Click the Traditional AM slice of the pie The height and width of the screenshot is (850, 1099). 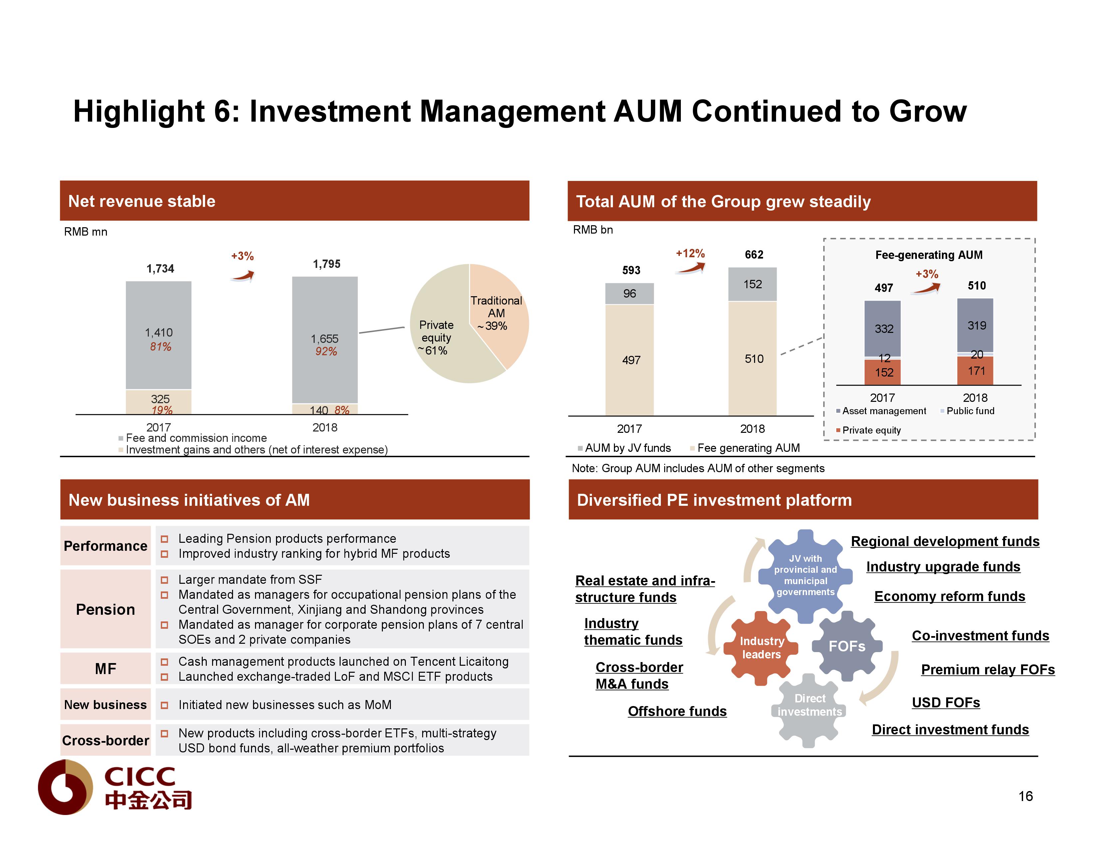tap(498, 312)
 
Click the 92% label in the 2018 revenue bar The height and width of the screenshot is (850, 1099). tap(326, 352)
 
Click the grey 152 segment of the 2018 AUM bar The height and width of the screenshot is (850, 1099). tap(752, 285)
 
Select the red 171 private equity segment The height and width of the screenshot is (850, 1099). tap(976, 371)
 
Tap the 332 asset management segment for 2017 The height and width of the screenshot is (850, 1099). tap(883, 329)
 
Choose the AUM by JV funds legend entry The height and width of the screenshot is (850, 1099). tap(627, 448)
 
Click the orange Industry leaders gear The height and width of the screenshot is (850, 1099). tap(761, 648)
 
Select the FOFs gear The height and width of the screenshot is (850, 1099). tap(847, 646)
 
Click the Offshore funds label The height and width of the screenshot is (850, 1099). tap(677, 711)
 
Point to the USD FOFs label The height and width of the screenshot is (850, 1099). tap(946, 703)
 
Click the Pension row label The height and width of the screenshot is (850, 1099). tap(105, 610)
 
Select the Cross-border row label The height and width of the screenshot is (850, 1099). tap(105, 741)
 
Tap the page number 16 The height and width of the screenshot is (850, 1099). tap(1025, 796)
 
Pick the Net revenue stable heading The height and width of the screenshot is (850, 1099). tap(142, 202)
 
